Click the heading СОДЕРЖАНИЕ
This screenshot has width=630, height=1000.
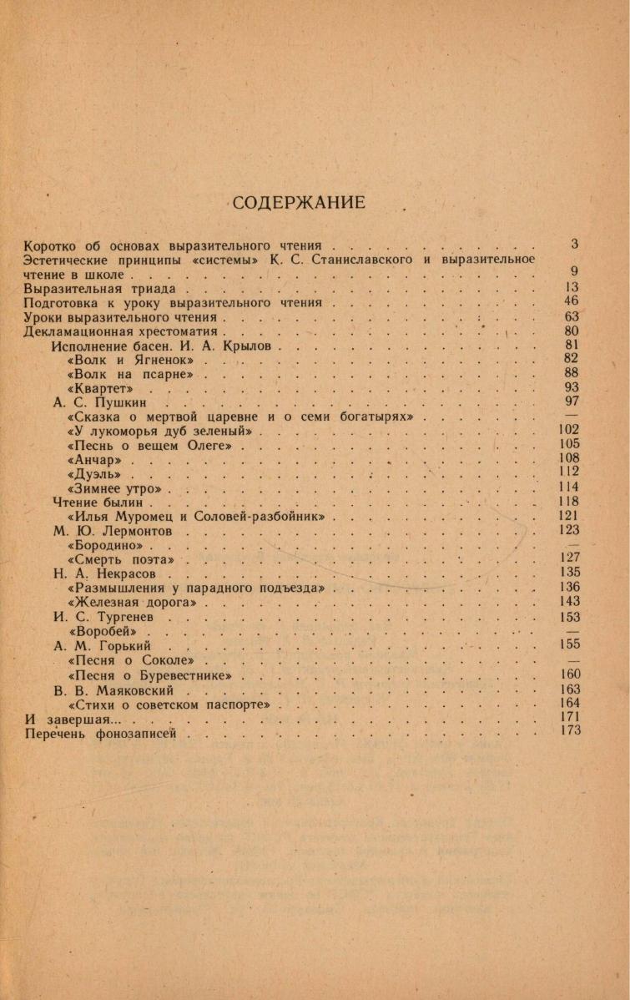coord(299,203)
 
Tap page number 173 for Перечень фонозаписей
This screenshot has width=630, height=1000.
coord(571,731)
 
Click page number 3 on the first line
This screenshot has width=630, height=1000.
coord(575,245)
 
